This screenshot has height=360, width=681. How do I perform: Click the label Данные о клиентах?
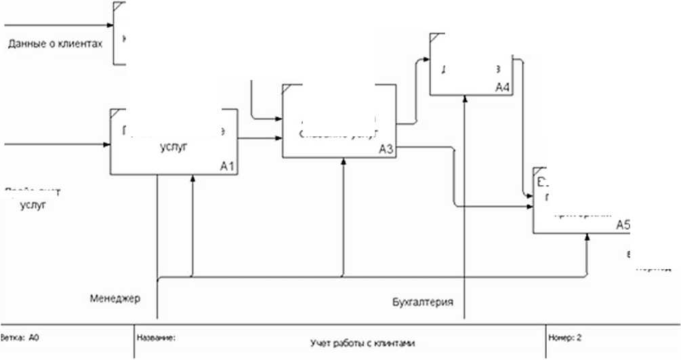click(55, 44)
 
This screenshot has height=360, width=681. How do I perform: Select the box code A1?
click(228, 166)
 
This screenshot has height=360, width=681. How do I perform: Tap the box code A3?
click(386, 150)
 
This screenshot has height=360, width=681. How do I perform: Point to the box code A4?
click(502, 87)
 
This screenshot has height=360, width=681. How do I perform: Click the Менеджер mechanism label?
click(115, 298)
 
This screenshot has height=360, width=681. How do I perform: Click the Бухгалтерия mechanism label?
click(423, 301)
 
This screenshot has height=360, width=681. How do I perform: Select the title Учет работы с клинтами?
click(361, 343)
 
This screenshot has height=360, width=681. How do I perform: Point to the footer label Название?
click(156, 336)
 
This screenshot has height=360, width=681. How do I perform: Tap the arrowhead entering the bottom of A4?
click(465, 99)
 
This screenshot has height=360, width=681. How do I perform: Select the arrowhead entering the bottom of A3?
click(344, 162)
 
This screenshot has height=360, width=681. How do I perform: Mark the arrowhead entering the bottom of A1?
click(193, 178)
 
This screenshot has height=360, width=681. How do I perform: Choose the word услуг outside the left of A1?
click(33, 206)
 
